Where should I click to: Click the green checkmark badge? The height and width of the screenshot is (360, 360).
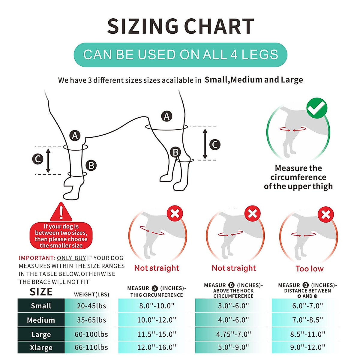[x=317, y=108]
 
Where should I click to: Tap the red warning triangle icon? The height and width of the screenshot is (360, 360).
[x=61, y=212]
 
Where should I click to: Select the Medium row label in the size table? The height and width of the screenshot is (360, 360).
[x=41, y=320]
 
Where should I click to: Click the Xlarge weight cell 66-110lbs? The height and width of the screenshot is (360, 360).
[x=91, y=347]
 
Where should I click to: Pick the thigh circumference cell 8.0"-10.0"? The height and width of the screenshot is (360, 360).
[x=157, y=306]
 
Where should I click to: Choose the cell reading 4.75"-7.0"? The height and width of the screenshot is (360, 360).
[x=233, y=334]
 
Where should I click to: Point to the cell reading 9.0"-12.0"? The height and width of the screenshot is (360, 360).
[x=307, y=347]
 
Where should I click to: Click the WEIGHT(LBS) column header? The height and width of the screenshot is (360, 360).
[x=91, y=295]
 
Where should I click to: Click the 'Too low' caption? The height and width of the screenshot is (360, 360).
[x=309, y=269]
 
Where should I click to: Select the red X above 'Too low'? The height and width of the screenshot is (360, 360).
[x=326, y=214]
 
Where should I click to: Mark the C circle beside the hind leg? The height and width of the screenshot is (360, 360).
[x=215, y=145]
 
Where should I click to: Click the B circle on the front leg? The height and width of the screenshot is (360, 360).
[x=91, y=165]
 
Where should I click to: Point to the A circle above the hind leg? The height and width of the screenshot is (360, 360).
[x=167, y=116]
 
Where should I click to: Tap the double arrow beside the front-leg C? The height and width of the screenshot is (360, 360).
[x=48, y=161]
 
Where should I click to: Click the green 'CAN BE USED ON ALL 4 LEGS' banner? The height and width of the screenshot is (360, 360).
[x=180, y=55]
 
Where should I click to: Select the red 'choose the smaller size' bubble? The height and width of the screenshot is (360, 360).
[x=61, y=236]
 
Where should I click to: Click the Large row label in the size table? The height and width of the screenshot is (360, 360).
[x=41, y=334]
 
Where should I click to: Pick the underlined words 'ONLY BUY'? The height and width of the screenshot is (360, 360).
[x=71, y=258]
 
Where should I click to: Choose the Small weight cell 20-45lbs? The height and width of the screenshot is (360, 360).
[x=91, y=306]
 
